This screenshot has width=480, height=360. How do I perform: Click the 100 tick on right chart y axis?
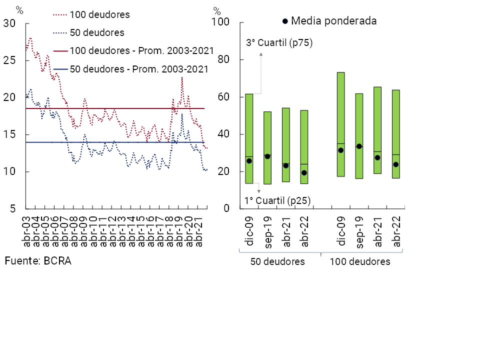220,22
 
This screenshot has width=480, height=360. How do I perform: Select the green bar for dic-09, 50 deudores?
249,138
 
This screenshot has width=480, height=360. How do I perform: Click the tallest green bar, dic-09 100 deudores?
340,124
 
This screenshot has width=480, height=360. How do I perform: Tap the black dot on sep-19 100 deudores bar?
359,146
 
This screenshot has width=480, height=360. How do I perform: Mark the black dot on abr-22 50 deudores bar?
304,173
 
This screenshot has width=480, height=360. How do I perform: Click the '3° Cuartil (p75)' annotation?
279,43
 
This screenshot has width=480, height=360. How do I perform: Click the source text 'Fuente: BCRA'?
38,261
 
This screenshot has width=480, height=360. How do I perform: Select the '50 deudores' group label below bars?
277,262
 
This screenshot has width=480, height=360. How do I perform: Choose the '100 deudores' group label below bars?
360,262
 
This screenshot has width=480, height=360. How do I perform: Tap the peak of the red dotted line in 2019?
182,77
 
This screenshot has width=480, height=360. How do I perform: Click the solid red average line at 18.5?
125,108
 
